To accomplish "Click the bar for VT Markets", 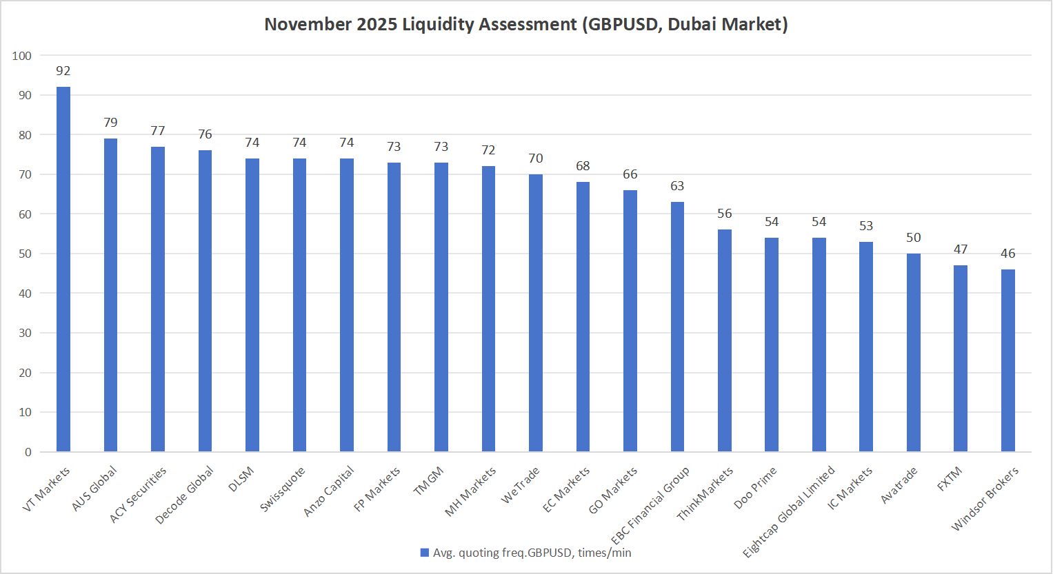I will click(63, 269).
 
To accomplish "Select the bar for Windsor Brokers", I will click(1007, 360).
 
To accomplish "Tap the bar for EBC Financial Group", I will click(677, 327).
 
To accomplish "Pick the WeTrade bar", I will click(535, 313).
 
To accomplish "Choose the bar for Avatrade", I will click(913, 352).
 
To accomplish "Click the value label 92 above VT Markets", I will click(63, 71).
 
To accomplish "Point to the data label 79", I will click(110, 123).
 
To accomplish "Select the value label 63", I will click(677, 186).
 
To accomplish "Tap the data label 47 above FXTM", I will click(961, 249).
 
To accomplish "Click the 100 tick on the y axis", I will click(22, 56).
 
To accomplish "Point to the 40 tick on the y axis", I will click(25, 294).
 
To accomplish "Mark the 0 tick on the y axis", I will click(28, 452).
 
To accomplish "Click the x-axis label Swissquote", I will click(283, 489).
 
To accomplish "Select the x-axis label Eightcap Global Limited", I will click(789, 511).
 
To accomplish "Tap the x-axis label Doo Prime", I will click(755, 488).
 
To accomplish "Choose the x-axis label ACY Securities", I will click(138, 495).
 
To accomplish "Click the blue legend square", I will click(425, 553).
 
